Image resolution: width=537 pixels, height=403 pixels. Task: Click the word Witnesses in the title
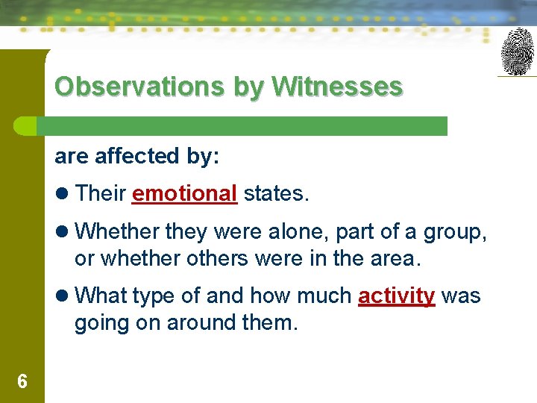pyautogui.click(x=337, y=87)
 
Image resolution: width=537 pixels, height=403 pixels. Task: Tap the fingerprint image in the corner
pyautogui.click(x=518, y=51)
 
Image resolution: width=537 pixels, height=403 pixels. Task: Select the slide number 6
pyautogui.click(x=22, y=382)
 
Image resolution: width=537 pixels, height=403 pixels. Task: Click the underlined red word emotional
pyautogui.click(x=184, y=193)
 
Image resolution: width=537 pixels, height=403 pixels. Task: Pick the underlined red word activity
pyautogui.click(x=396, y=296)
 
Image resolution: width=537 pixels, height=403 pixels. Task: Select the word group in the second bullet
pyautogui.click(x=452, y=232)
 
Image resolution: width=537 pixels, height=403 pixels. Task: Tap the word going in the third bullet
pyautogui.click(x=98, y=323)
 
